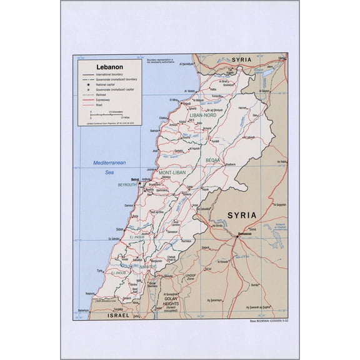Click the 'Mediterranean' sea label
pyautogui.click(x=110, y=162)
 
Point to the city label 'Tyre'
pyautogui.click(x=98, y=271)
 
